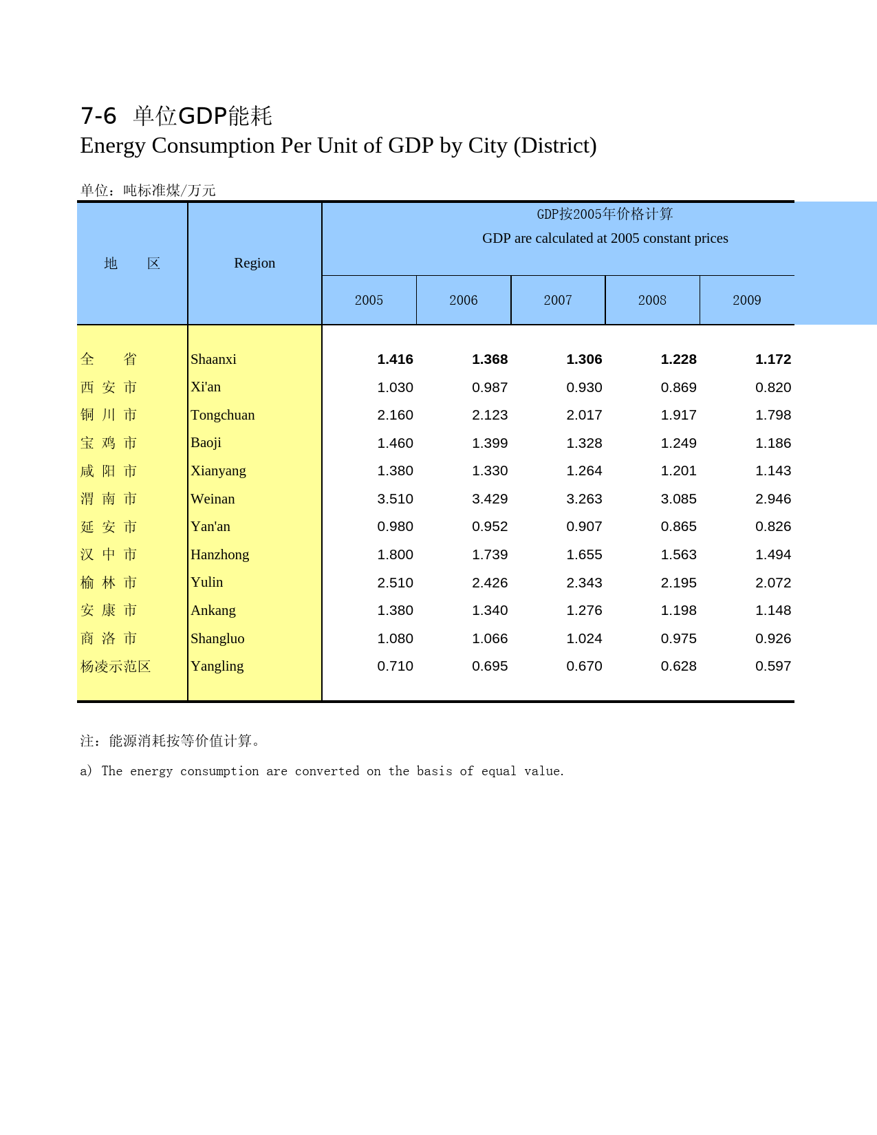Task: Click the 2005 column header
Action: [369, 301]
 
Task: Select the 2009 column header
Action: [746, 301]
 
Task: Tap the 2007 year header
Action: [558, 301]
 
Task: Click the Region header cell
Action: [255, 263]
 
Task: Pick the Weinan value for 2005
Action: [395, 499]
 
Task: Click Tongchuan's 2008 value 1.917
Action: [678, 415]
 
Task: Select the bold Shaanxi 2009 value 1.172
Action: [773, 360]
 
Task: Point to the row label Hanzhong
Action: [219, 555]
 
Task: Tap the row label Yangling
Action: [217, 667]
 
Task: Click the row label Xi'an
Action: [206, 387]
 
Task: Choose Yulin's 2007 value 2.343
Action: [584, 583]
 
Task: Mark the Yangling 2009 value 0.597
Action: [773, 667]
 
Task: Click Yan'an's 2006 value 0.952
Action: [490, 527]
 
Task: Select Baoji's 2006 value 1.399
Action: [490, 444]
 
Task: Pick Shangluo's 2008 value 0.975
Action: [678, 639]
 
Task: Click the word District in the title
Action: [554, 146]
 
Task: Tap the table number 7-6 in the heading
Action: [98, 116]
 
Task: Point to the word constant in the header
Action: [667, 239]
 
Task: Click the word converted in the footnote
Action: [327, 771]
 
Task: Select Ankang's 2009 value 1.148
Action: [773, 611]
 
